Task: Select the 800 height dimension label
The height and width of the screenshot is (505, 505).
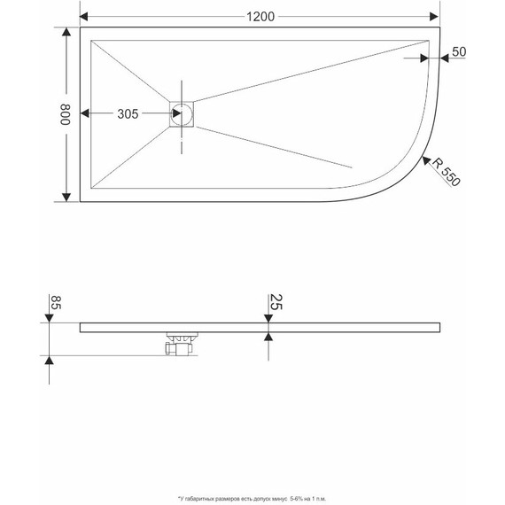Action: (x=64, y=114)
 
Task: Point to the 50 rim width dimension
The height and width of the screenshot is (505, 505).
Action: (x=459, y=51)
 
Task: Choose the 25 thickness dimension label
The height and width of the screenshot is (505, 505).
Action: (x=276, y=303)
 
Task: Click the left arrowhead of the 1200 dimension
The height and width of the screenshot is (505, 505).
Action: (x=86, y=16)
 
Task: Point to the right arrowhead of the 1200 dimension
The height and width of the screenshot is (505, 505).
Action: (x=435, y=16)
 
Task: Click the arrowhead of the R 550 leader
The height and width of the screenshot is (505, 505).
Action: (x=425, y=159)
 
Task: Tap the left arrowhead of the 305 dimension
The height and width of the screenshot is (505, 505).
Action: (x=85, y=114)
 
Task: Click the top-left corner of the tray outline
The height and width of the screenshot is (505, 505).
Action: (x=81, y=27)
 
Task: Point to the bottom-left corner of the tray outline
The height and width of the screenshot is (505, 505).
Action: (x=81, y=202)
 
